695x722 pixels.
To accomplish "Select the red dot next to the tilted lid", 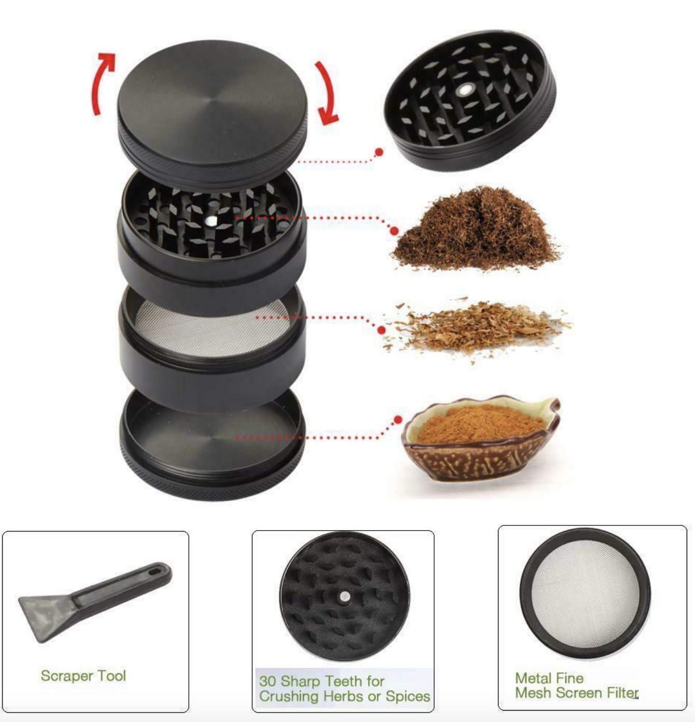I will [379, 152].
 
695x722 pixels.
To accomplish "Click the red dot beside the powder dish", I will [398, 419].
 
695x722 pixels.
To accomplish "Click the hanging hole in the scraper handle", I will [156, 572].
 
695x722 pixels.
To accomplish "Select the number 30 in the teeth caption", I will [268, 681].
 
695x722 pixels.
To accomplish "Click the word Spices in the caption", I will [408, 696].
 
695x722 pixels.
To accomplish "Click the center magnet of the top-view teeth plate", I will [344, 596].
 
